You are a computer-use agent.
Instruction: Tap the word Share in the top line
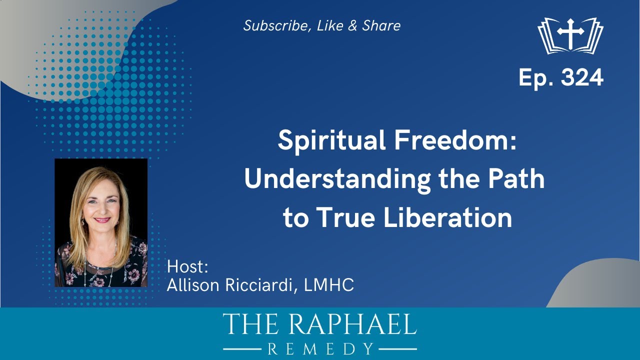click(381, 26)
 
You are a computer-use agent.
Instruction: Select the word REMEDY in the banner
click(320, 348)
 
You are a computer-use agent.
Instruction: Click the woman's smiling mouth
click(102, 219)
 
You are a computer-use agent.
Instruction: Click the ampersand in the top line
click(353, 26)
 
